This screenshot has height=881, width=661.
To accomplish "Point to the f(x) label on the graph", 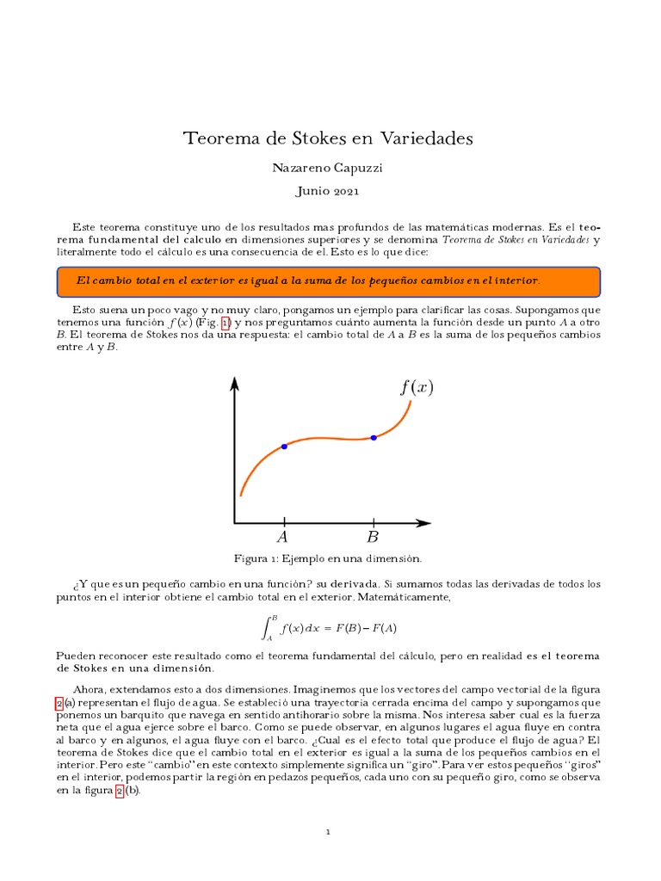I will coord(417,387).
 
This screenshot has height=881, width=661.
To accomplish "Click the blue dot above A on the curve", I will coord(284,447).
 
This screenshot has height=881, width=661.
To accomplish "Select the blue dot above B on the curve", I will coord(374,438).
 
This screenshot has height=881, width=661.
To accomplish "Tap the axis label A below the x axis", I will coord(282,538).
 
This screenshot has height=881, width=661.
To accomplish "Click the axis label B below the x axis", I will coord(373,538).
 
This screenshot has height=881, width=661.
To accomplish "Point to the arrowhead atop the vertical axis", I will coord(234,383).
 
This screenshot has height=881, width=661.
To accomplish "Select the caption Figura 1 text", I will coord(328,560).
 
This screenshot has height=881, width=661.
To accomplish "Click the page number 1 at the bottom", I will coord(328,832).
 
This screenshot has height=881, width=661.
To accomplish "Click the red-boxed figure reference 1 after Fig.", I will coord(226,322).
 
